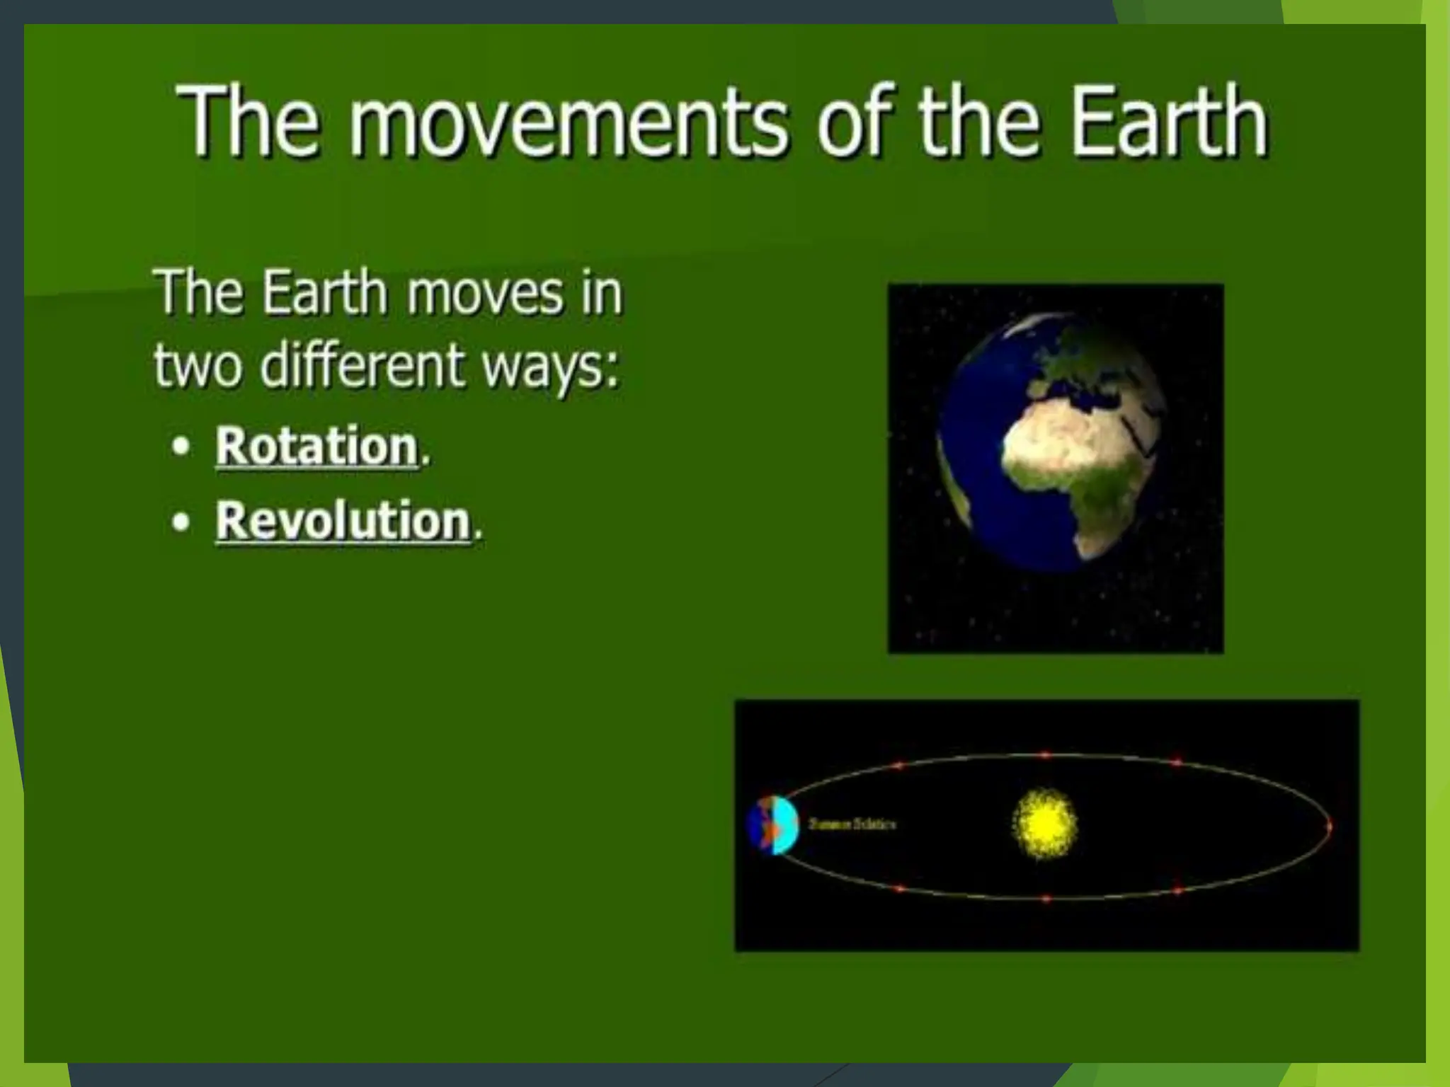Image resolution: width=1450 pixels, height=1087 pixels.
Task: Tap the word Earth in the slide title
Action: (x=1168, y=122)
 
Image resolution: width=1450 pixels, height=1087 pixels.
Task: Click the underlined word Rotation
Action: (x=316, y=447)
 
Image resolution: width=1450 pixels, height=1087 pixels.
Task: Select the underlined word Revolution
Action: (x=343, y=521)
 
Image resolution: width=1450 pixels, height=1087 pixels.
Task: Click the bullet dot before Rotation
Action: (x=183, y=447)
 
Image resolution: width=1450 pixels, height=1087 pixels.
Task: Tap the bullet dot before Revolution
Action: (x=183, y=522)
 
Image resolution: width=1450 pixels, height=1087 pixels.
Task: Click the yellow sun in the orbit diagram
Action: (x=1045, y=824)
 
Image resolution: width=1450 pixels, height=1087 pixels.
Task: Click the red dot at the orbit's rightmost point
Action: (x=1329, y=826)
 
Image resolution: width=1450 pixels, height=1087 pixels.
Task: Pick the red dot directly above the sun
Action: (x=1045, y=755)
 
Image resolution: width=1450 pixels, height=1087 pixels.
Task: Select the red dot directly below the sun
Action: (x=1046, y=899)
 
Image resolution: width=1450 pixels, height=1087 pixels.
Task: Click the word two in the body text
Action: (x=200, y=367)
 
